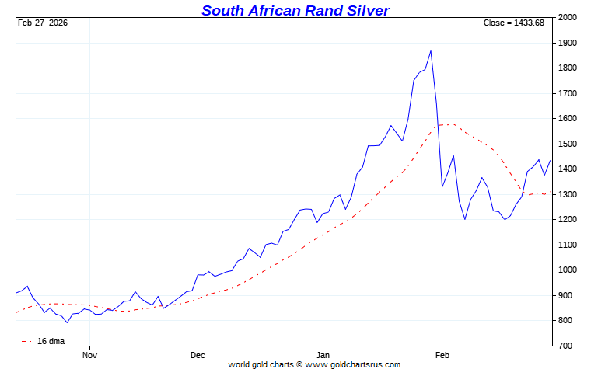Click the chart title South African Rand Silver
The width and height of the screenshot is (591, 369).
295,10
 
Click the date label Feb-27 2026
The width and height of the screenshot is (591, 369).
43,23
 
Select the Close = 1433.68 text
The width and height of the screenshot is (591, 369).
514,23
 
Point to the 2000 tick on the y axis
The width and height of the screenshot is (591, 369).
568,18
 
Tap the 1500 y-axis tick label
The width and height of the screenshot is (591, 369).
568,144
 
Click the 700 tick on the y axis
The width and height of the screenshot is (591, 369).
565,346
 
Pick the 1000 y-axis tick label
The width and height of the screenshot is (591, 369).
568,270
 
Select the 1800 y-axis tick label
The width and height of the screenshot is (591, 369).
568,68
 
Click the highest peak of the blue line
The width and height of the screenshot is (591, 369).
431,51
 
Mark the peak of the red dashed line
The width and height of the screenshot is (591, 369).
451,124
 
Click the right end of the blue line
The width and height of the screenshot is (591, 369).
551,161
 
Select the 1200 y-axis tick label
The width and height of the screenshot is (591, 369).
568,220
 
